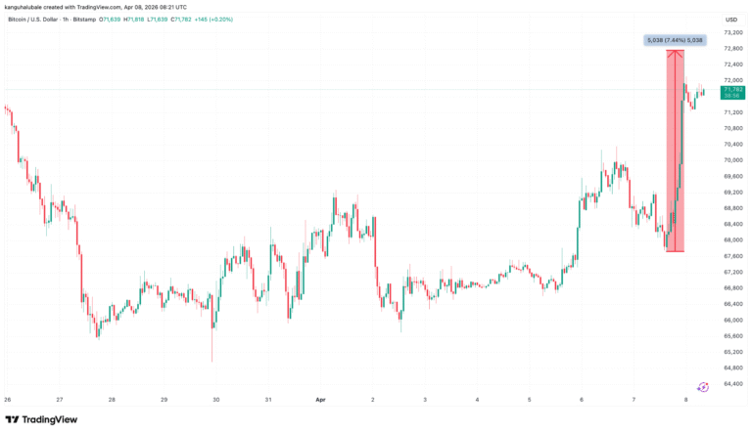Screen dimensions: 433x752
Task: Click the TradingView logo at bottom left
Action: coord(41,419)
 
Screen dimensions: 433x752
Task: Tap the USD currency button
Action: coord(730,20)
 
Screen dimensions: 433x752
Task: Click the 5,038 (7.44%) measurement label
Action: coord(672,40)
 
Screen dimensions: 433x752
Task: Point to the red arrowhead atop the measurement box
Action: coord(675,53)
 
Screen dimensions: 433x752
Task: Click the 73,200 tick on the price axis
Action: coord(730,32)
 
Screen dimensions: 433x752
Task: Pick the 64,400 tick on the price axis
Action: coord(730,382)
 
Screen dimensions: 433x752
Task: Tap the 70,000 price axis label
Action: coord(730,159)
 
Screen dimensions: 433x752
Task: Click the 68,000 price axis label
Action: coord(730,239)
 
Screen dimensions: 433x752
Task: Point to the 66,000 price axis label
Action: coord(730,319)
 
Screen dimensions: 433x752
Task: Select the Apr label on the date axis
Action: coord(320,400)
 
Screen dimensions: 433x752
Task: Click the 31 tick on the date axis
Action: coord(267,400)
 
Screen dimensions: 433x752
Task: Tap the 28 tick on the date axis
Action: coord(112,400)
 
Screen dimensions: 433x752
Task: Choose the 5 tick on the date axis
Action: coord(529,400)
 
